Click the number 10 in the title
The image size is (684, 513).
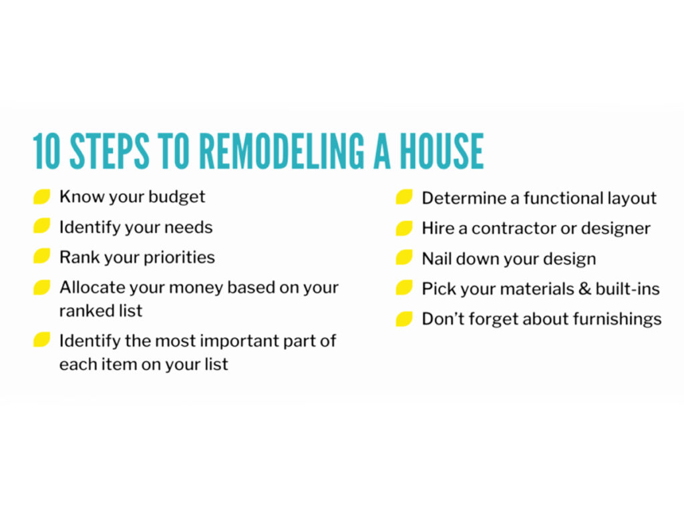pyautogui.click(x=47, y=151)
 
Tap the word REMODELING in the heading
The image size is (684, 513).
pyautogui.click(x=281, y=151)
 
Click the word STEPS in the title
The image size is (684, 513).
pyautogui.click(x=110, y=151)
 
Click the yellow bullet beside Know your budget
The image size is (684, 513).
pyautogui.click(x=42, y=197)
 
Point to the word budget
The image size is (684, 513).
pyautogui.click(x=176, y=197)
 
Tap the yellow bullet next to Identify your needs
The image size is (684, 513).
pyautogui.click(x=42, y=226)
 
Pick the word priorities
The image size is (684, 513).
pyautogui.click(x=179, y=257)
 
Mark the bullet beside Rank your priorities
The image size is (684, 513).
pyautogui.click(x=42, y=256)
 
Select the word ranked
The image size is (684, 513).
pyautogui.click(x=80, y=311)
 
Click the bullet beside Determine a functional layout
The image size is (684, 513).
pyautogui.click(x=404, y=197)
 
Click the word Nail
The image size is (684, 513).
pyautogui.click(x=437, y=259)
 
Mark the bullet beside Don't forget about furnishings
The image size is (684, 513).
pyautogui.click(x=404, y=319)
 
